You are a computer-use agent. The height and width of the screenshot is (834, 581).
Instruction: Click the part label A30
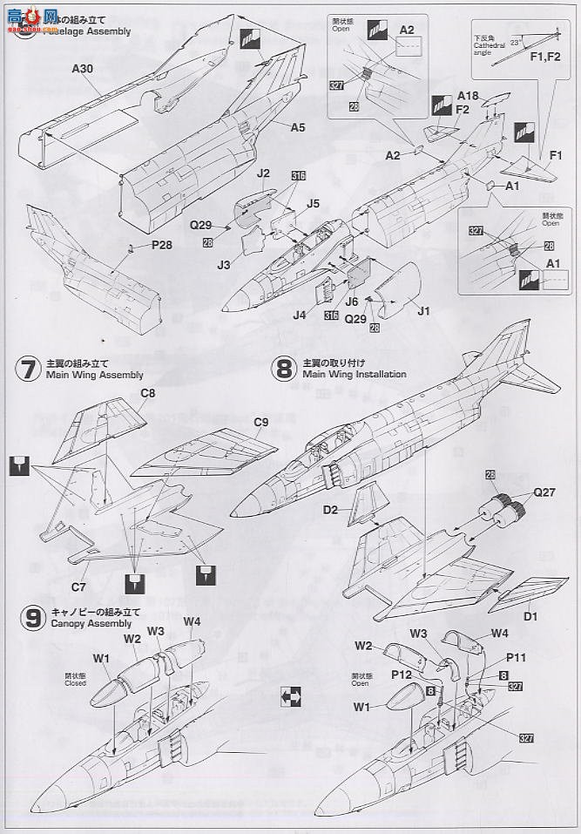pyautogui.click(x=82, y=66)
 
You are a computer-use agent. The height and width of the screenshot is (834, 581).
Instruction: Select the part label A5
pyautogui.click(x=297, y=127)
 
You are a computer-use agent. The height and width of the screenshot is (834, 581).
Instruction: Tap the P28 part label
pyautogui.click(x=161, y=246)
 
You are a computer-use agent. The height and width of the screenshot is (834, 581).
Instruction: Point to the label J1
pyautogui.click(x=424, y=310)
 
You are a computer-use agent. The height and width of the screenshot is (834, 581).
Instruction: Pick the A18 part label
pyautogui.click(x=469, y=95)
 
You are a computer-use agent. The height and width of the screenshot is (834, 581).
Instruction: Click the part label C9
pyautogui.click(x=260, y=423)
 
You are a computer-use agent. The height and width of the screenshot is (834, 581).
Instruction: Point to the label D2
pyautogui.click(x=330, y=508)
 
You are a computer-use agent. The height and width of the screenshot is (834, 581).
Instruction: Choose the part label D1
pyautogui.click(x=530, y=616)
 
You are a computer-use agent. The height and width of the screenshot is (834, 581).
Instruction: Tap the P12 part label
pyautogui.click(x=402, y=674)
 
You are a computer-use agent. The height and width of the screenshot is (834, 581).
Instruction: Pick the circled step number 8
pyautogui.click(x=284, y=369)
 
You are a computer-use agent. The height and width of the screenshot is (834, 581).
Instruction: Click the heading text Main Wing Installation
pyautogui.click(x=355, y=374)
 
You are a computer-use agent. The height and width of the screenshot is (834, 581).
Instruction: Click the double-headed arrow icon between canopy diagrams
pyautogui.click(x=290, y=696)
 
